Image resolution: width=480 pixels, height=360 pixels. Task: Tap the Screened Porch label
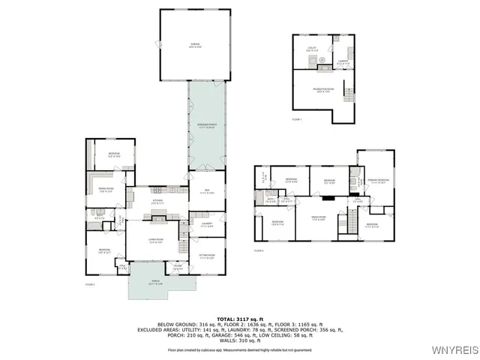206,126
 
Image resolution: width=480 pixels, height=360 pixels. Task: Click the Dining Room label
105,190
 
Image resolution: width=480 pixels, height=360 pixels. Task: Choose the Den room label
206,192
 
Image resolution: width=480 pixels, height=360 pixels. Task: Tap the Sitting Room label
206,256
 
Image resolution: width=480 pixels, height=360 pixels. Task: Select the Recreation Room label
323,90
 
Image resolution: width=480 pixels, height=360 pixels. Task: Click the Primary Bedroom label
377,181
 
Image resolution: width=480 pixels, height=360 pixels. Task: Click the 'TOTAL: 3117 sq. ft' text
239,319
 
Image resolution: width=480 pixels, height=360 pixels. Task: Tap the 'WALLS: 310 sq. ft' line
239,341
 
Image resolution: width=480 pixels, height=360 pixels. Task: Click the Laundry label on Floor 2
206,224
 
